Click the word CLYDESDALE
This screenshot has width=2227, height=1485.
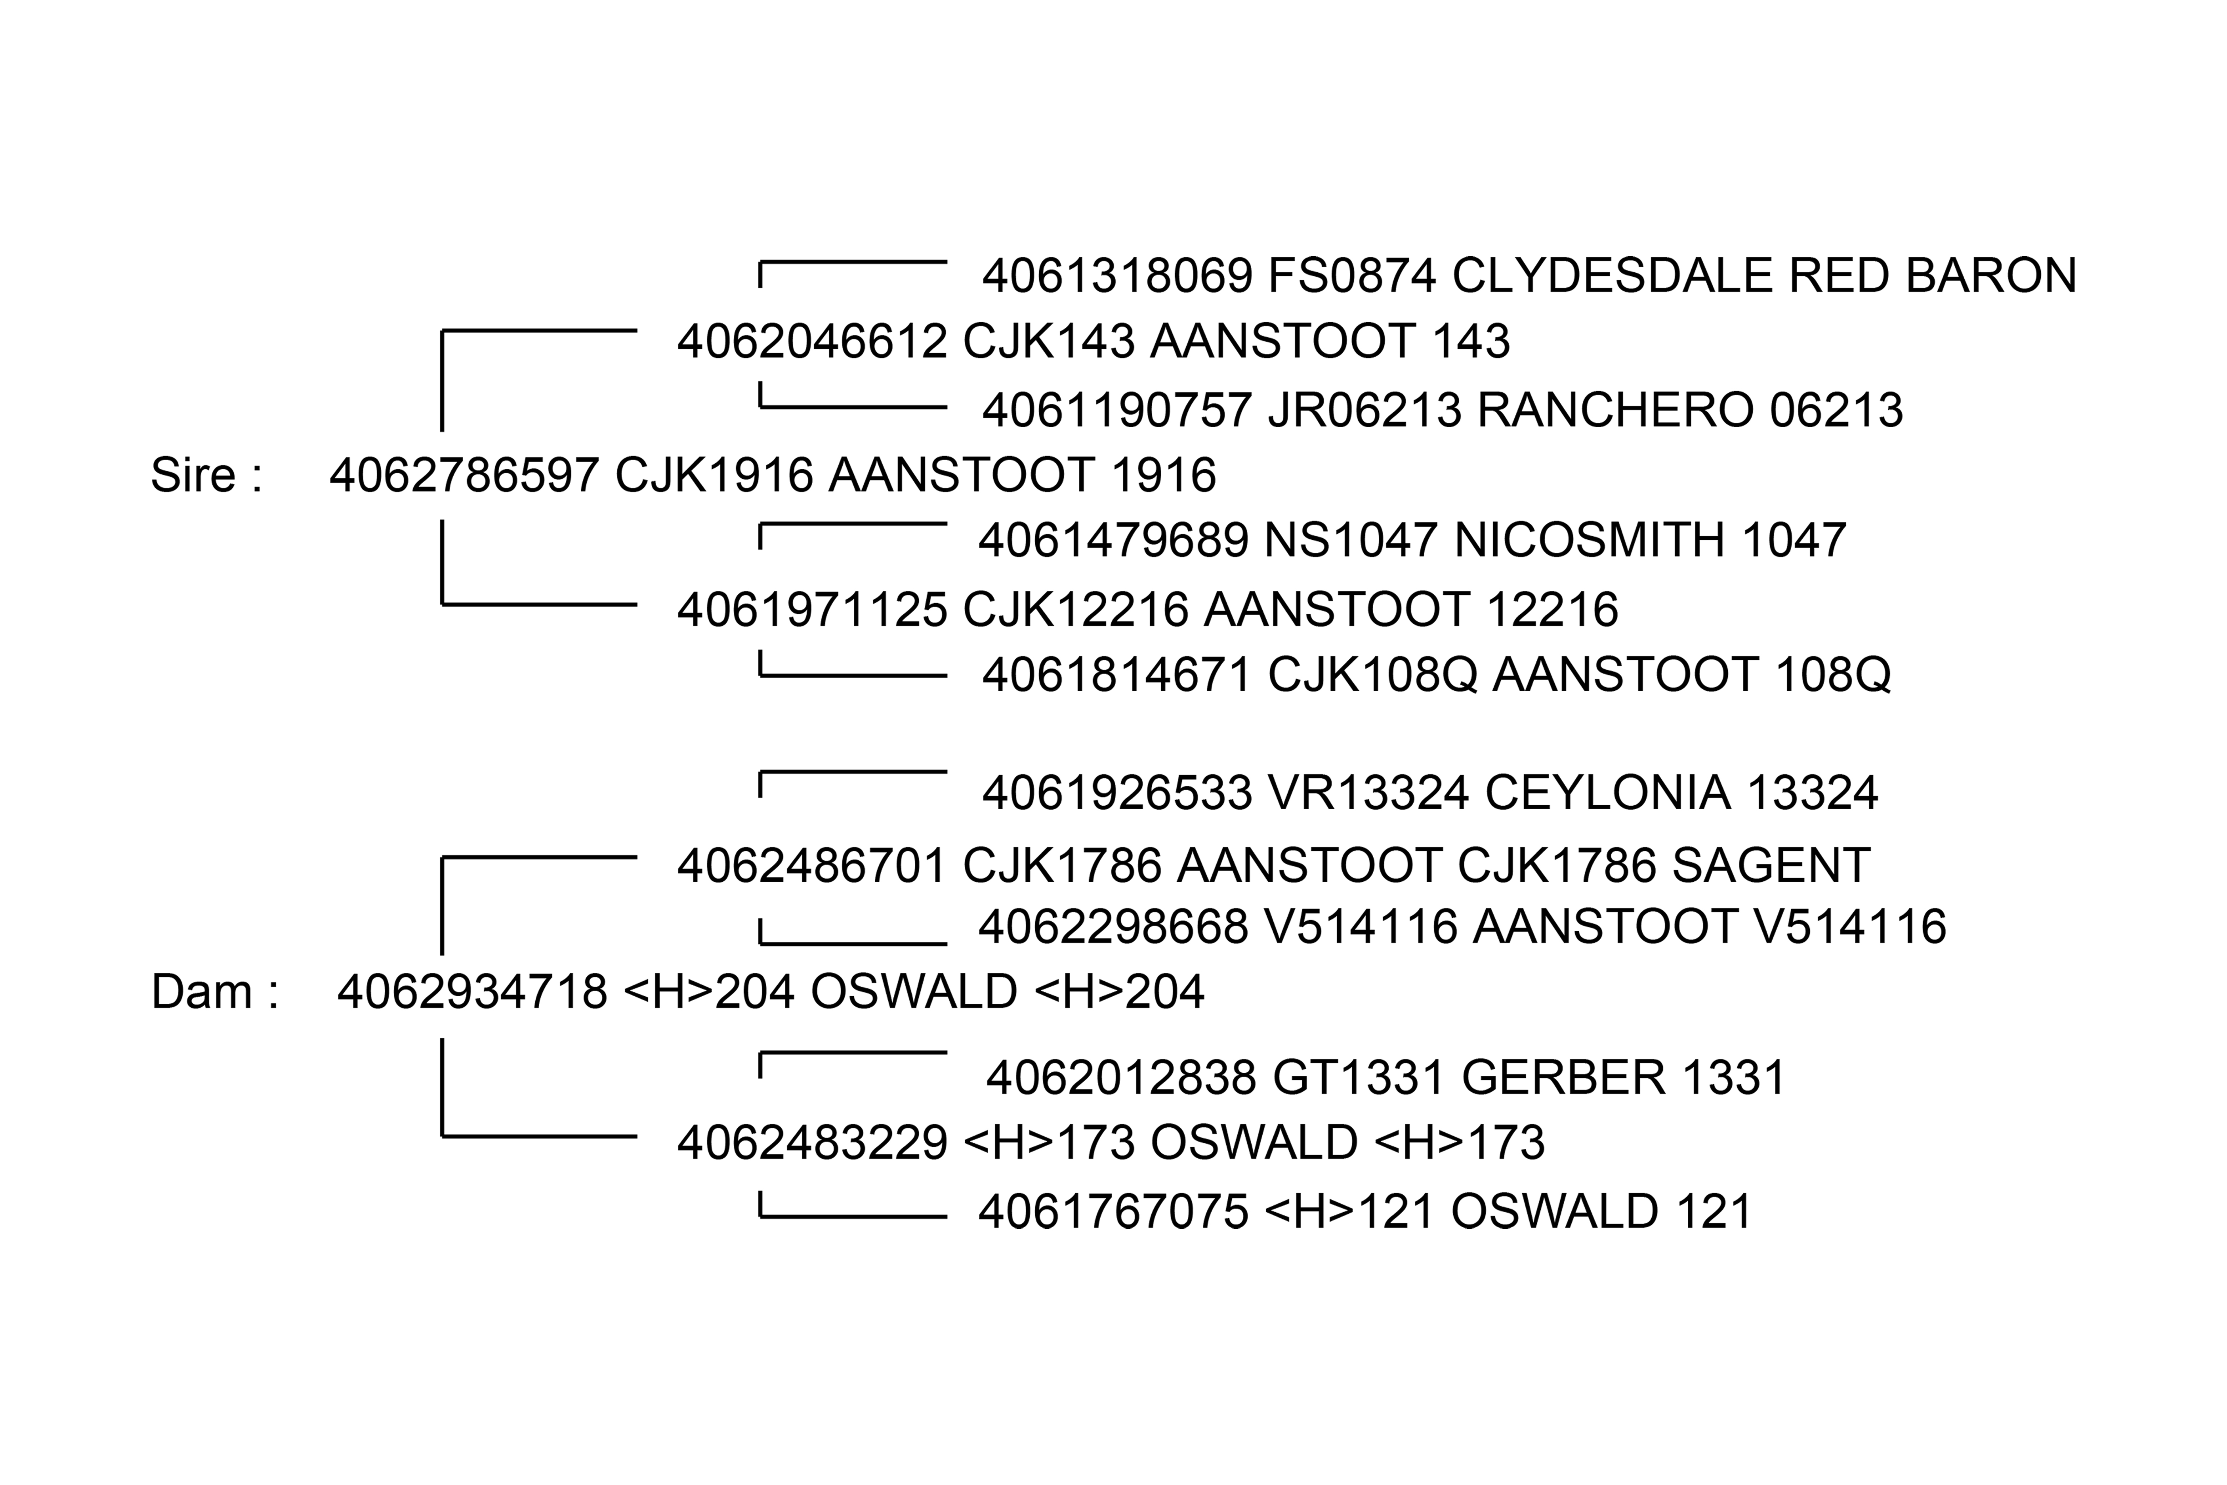pos(1612,276)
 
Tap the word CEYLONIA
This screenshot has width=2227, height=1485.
pos(1607,793)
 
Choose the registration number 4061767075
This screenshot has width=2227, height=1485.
pos(1113,1211)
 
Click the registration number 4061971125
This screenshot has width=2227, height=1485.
pos(812,609)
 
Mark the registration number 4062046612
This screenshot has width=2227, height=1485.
pos(812,341)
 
